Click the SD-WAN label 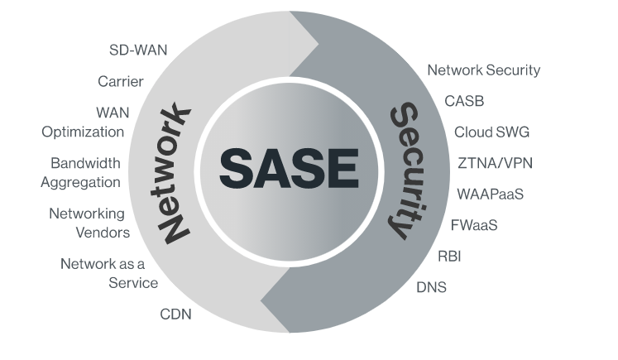[138, 50]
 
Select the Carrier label [121, 82]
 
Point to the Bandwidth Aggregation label [81, 173]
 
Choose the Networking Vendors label [89, 223]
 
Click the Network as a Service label [109, 273]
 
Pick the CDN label [175, 314]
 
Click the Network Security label [484, 70]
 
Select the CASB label [464, 101]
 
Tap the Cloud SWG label [491, 132]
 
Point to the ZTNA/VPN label [495, 163]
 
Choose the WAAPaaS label [491, 194]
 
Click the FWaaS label [474, 226]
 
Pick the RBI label [449, 257]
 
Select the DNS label [432, 287]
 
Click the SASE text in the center [290, 169]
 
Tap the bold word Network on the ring [175, 173]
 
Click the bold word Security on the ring [405, 170]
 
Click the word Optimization [84, 132]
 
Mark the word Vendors [103, 233]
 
